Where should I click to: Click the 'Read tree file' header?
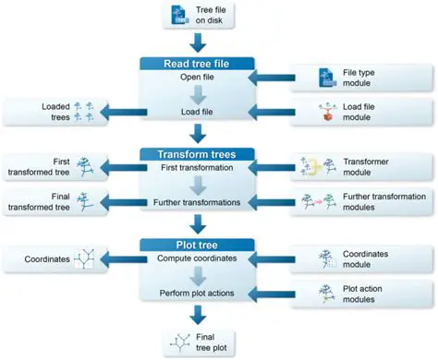pos(195,63)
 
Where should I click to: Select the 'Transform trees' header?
pos(195,154)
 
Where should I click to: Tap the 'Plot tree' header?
pos(195,244)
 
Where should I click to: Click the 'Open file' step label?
pos(195,78)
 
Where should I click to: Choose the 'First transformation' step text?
pos(195,168)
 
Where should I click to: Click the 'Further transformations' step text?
pos(195,202)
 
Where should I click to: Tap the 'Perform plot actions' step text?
pos(195,293)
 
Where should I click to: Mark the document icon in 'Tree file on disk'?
pos(179,15)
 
